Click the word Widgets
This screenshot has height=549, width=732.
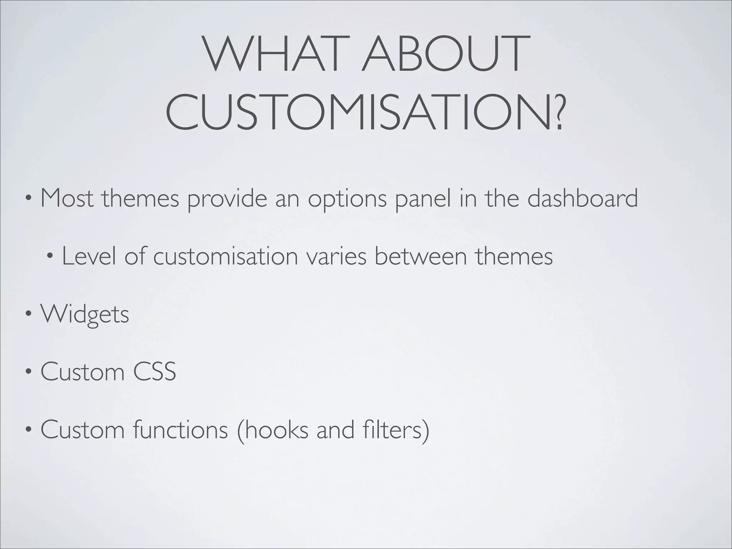click(x=85, y=315)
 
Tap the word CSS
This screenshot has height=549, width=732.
click(x=154, y=372)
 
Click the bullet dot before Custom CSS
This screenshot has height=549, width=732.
click(x=28, y=372)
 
